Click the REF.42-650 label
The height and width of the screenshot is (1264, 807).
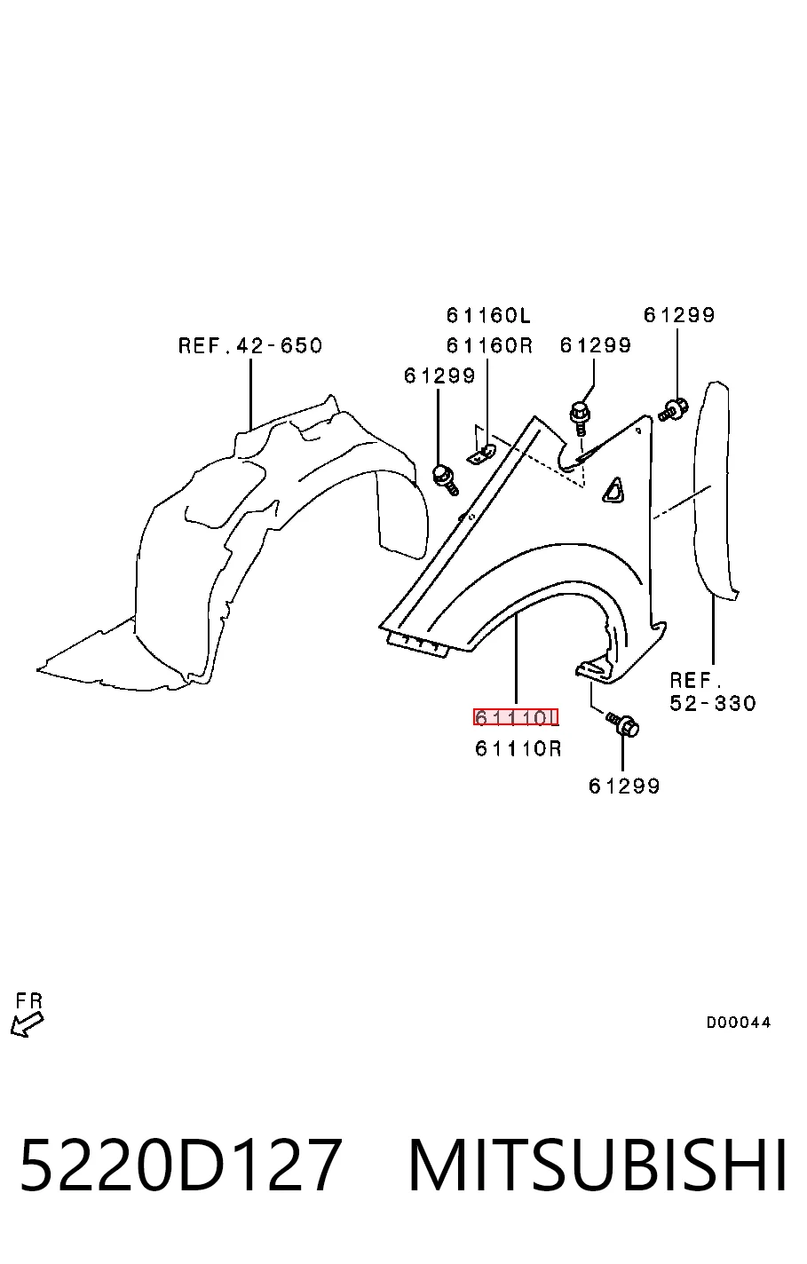click(x=250, y=345)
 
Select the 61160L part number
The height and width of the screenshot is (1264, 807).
click(x=488, y=315)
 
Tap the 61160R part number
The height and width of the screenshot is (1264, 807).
click(x=489, y=345)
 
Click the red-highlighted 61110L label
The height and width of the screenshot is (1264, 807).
click(x=516, y=717)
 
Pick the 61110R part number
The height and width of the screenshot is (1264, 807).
click(x=518, y=748)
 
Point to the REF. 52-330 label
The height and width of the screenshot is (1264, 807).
click(x=712, y=691)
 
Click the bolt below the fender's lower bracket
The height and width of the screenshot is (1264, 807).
click(x=622, y=724)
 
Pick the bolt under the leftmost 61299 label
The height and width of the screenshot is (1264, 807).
click(x=445, y=479)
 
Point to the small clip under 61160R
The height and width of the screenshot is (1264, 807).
click(x=481, y=453)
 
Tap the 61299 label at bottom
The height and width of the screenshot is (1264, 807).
click(x=623, y=786)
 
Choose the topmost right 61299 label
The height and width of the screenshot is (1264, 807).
click(x=679, y=315)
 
